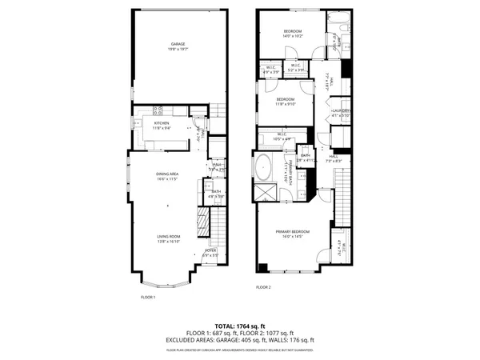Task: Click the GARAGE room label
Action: point(177,46)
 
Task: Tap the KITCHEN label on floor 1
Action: point(162,125)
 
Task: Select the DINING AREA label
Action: point(166,176)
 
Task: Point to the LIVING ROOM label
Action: point(168,238)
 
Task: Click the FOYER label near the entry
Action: point(211,252)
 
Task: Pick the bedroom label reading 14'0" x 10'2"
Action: point(292,33)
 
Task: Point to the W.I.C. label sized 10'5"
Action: point(282,136)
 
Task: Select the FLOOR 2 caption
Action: point(263,287)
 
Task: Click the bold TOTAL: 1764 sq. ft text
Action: point(240,326)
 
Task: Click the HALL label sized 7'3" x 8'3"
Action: point(334,158)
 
